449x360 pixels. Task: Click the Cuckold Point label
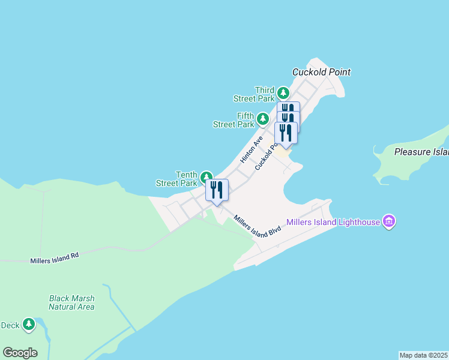pos(321,72)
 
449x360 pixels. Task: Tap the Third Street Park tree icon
pos(283,94)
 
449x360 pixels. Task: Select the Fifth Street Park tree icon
pos(262,119)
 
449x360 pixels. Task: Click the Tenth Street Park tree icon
pos(206,177)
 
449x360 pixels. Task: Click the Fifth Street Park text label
pos(234,120)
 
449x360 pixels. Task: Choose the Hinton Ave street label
pos(252,149)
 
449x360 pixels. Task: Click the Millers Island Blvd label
pos(258,226)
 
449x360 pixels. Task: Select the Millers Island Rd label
pos(55,258)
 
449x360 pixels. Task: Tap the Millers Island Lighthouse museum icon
pos(389,222)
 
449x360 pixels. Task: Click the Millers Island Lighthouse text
pos(333,222)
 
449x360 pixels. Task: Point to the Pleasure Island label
pos(421,152)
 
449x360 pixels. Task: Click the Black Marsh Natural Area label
pos(71,302)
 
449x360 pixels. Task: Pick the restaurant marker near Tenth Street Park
pos(217,190)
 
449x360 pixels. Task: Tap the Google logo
pos(20,353)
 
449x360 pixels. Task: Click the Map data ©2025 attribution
pos(424,355)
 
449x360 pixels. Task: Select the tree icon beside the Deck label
pos(28,325)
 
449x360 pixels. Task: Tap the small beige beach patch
pos(282,152)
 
